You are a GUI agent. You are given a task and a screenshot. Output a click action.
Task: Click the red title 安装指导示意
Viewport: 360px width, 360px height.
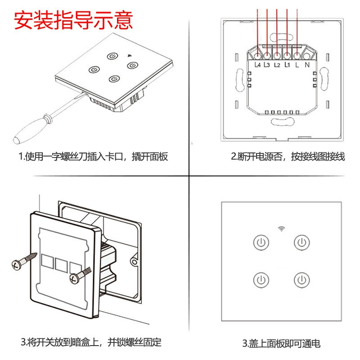click(x=73, y=20)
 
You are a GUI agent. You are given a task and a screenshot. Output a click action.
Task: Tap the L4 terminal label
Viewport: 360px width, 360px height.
click(x=257, y=65)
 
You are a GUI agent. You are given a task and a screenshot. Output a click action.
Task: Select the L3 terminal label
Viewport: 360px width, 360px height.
click(x=267, y=65)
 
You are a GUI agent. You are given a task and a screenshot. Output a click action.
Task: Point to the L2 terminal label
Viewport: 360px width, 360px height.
click(x=277, y=65)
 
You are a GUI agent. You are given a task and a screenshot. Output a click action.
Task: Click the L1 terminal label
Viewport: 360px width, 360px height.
click(x=287, y=65)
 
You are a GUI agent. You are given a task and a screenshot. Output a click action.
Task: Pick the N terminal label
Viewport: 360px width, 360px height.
click(x=307, y=65)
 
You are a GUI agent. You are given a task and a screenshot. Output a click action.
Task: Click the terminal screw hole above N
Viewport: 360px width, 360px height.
click(x=306, y=56)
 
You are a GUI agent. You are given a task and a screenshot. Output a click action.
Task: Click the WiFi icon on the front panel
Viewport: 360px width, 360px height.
click(x=282, y=229)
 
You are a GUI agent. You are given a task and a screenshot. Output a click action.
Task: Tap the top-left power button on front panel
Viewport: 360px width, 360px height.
click(x=261, y=242)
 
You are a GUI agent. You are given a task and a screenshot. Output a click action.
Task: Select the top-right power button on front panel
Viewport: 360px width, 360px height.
click(x=302, y=242)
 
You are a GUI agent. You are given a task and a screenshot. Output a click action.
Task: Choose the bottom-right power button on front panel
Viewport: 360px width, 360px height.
click(x=302, y=280)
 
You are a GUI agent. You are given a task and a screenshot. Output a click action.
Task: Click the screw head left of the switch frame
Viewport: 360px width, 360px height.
click(x=17, y=265)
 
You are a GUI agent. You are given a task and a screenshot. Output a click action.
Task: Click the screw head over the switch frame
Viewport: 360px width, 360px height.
click(x=75, y=279)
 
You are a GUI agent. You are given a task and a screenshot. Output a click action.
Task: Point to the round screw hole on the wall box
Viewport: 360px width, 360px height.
click(x=134, y=261)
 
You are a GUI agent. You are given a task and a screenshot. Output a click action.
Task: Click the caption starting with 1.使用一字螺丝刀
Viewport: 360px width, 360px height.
click(x=93, y=157)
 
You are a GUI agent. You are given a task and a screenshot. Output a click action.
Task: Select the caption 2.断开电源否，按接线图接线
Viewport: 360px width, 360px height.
click(x=288, y=157)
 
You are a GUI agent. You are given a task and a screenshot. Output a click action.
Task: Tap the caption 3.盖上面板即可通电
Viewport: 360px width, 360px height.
click(x=281, y=343)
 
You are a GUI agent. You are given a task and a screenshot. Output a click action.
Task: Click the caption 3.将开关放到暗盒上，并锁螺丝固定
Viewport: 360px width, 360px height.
click(x=91, y=342)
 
